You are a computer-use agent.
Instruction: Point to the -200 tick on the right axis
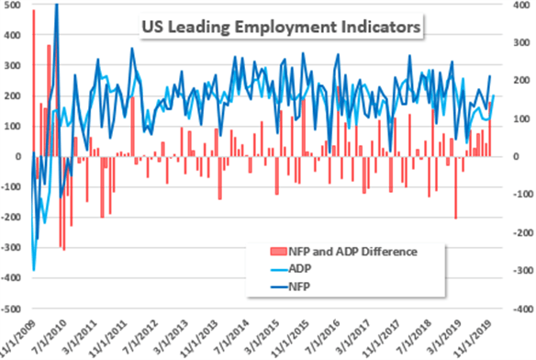[x=519, y=233]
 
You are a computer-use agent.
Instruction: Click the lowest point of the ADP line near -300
[x=34, y=270]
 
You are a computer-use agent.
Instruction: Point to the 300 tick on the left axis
[x=12, y=65]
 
